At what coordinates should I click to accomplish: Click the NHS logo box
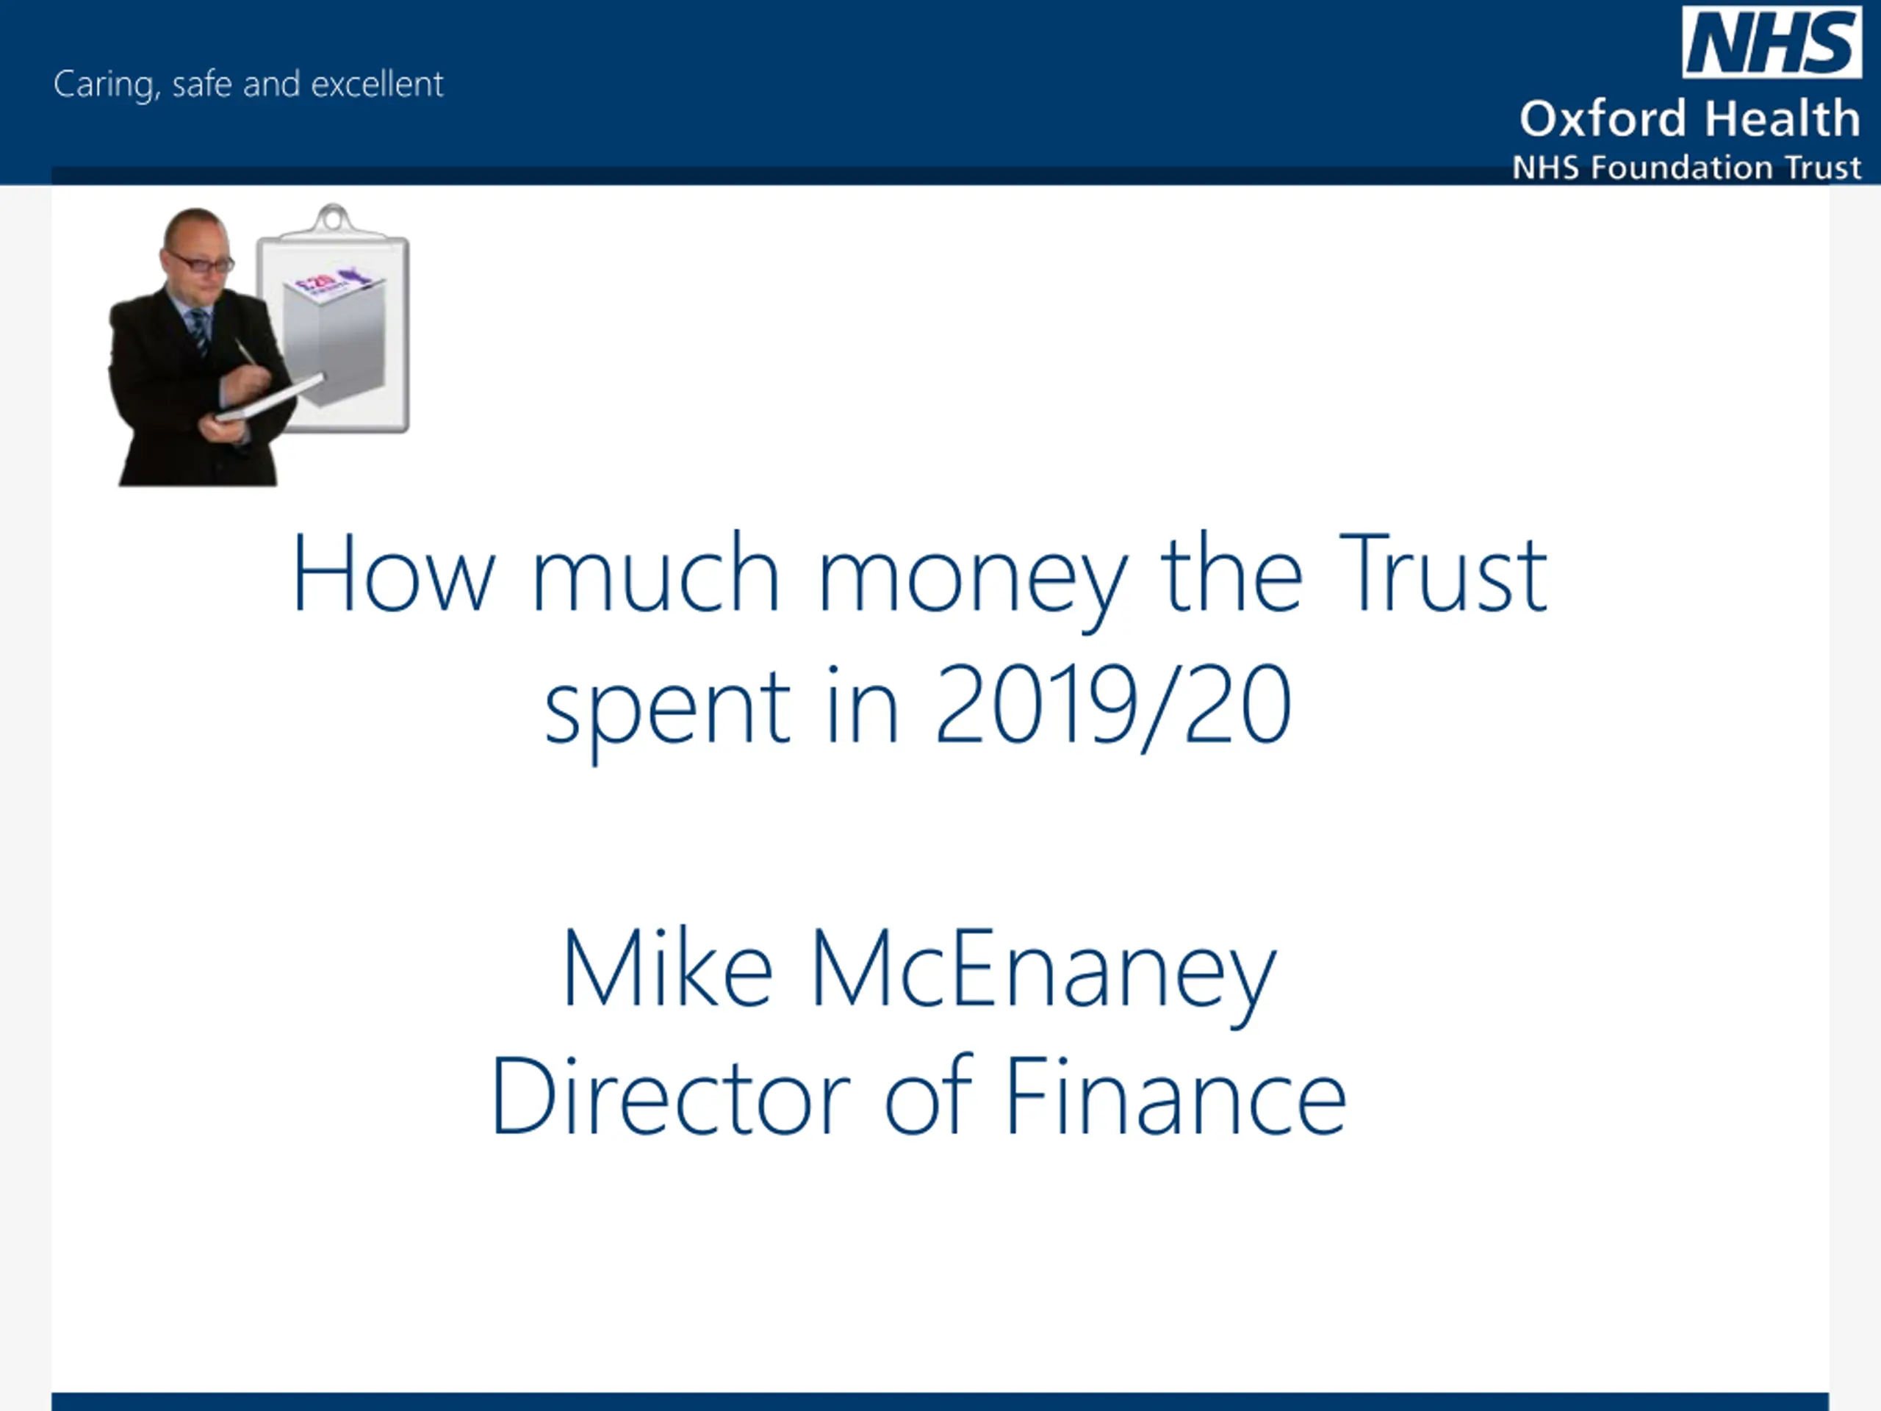(x=1772, y=41)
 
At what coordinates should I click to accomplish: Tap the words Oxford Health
(x=1690, y=118)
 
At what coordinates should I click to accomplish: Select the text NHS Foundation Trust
(x=1687, y=168)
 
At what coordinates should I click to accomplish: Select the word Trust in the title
(x=1442, y=572)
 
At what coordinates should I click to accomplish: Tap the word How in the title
(x=393, y=572)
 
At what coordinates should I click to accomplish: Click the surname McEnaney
(x=1044, y=974)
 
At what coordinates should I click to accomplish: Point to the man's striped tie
(x=200, y=330)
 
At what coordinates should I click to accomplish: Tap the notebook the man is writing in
(x=269, y=398)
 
